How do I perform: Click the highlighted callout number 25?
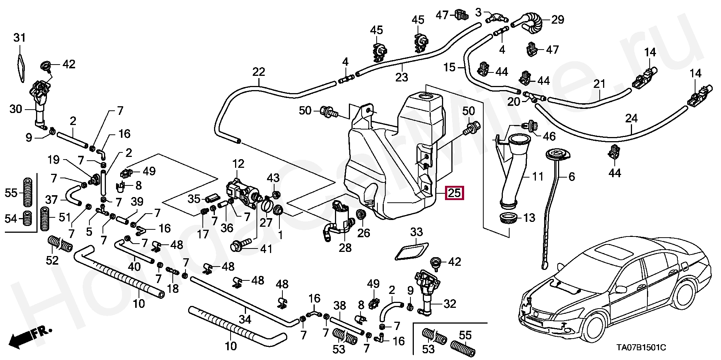click(x=454, y=193)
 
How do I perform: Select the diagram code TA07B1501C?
click(x=640, y=348)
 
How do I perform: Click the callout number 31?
click(x=20, y=38)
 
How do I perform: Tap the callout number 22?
click(x=259, y=71)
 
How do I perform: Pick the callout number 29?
click(x=558, y=19)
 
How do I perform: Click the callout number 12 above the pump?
click(x=238, y=164)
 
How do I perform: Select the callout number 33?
click(x=416, y=232)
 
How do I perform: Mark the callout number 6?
click(x=572, y=176)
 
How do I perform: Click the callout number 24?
click(x=632, y=119)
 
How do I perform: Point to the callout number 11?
click(x=538, y=176)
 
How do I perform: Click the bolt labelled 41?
click(x=240, y=246)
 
